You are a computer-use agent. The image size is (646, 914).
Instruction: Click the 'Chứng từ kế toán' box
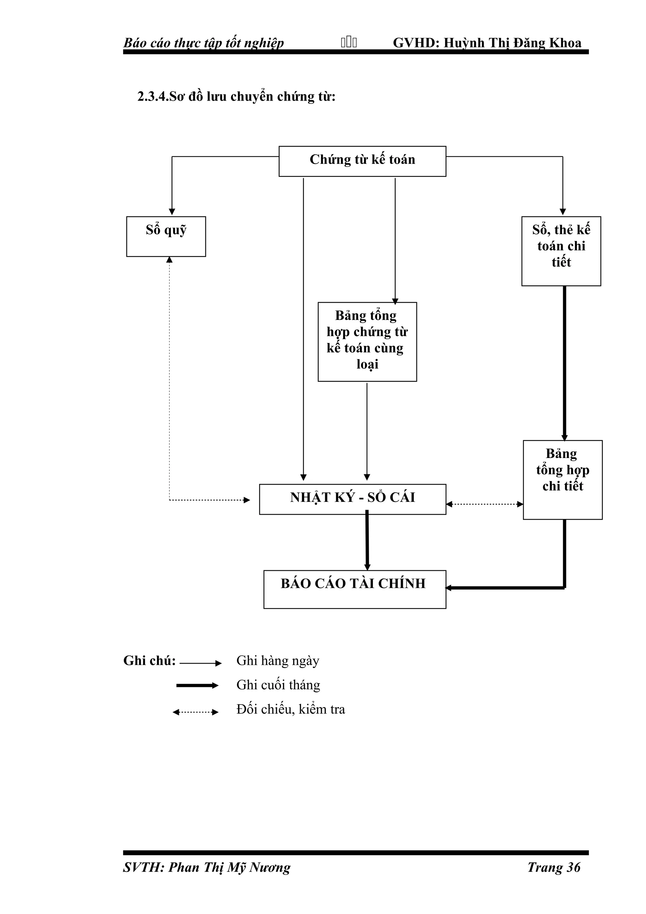[362, 161]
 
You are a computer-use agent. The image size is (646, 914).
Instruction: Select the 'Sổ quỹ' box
[166, 237]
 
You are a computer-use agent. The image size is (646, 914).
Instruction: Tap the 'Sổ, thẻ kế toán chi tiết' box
[561, 251]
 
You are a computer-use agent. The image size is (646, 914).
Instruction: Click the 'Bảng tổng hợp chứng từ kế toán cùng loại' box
[367, 342]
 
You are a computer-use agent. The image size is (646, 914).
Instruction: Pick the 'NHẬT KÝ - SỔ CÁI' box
[352, 499]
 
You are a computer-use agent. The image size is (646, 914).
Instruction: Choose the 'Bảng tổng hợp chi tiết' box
[562, 479]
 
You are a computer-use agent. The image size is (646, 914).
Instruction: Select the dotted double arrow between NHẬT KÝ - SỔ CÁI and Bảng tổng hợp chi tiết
[484, 504]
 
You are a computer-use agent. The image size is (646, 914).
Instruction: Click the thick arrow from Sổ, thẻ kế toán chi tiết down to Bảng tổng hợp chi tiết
[564, 362]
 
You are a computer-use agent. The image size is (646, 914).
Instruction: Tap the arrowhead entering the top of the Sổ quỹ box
[172, 212]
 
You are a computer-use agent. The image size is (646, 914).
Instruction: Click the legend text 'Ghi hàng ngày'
[278, 660]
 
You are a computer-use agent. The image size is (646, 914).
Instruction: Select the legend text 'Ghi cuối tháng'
[278, 685]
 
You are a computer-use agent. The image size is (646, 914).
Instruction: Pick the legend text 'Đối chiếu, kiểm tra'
[291, 709]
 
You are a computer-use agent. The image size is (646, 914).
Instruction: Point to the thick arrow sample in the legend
[197, 685]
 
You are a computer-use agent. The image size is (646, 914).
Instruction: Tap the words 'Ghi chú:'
[150, 660]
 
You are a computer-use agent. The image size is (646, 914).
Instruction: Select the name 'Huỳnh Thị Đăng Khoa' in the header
[512, 43]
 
